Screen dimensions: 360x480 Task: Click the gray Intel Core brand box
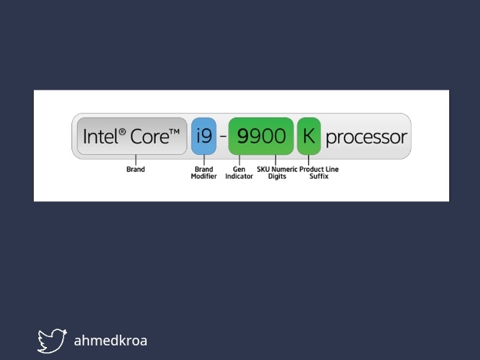(132, 137)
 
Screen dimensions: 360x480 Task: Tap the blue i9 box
(204, 137)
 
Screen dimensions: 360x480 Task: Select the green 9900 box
(261, 137)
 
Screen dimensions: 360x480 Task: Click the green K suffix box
(309, 137)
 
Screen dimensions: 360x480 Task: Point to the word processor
(366, 138)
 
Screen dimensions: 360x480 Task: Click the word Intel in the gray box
(100, 138)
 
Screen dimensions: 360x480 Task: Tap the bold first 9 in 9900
(243, 137)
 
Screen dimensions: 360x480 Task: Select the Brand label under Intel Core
(135, 169)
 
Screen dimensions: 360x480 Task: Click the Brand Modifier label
(204, 173)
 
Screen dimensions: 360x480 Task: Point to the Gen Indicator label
(239, 173)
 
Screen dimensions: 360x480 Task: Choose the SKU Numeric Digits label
(276, 173)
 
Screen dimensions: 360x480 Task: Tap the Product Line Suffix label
(319, 173)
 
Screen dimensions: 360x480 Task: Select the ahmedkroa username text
(110, 340)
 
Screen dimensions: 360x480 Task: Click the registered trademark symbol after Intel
(121, 131)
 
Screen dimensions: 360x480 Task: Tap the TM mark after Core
(174, 132)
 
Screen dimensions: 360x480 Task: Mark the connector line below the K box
(309, 160)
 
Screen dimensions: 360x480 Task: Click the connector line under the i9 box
(204, 160)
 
